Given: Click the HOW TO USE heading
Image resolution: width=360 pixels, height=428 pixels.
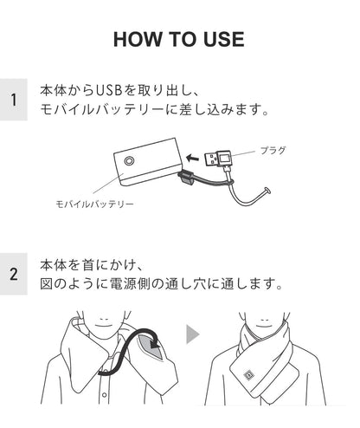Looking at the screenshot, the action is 179,39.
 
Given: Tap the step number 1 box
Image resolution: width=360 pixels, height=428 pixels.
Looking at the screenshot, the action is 14,100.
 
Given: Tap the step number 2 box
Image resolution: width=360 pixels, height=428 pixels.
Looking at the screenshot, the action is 14,274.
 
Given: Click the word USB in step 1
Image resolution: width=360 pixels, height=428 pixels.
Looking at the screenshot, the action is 108,90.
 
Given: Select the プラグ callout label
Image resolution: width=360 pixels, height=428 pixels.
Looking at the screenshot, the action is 273,150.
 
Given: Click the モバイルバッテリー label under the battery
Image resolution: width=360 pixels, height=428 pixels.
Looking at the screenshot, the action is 94,204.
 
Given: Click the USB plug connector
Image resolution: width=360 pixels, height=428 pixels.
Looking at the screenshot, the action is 218,159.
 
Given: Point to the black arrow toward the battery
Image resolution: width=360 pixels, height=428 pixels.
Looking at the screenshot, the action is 193,158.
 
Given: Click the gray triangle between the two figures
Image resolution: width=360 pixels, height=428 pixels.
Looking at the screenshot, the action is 192,334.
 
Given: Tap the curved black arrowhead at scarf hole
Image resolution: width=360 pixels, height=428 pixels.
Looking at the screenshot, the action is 155,344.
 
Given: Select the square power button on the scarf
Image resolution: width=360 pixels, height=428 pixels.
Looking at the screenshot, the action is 248,375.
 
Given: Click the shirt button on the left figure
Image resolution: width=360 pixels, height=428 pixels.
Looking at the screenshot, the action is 105,394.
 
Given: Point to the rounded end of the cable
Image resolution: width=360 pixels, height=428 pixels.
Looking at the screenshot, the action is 267,191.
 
